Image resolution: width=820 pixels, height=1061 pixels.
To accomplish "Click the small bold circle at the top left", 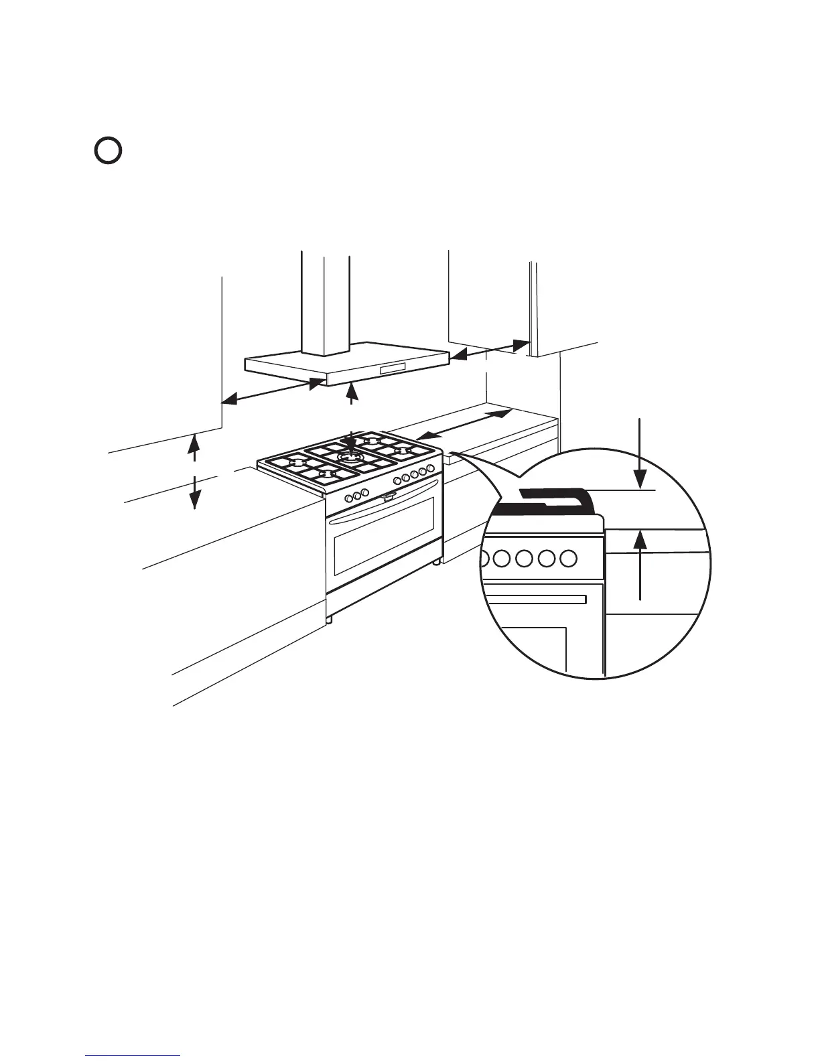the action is [107, 151].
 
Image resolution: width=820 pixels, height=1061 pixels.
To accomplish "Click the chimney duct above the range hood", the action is [325, 301].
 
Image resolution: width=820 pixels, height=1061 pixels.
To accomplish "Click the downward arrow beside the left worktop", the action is [194, 492].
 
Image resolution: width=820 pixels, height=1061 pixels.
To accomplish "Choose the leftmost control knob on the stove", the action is [349, 498].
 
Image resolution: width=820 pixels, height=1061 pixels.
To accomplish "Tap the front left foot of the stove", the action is [329, 620].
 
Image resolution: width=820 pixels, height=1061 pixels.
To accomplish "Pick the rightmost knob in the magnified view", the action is [568, 558].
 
